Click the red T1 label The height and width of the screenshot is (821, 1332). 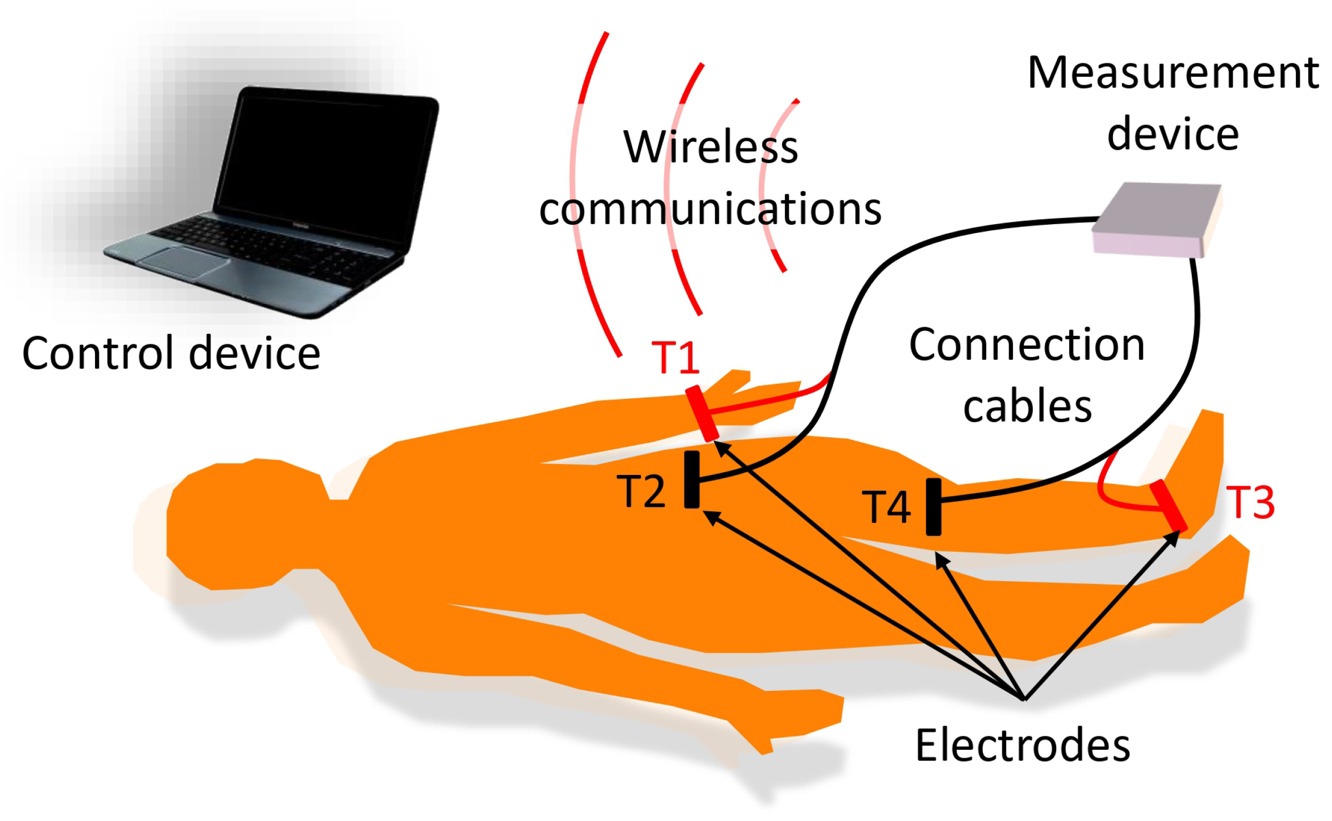pyautogui.click(x=675, y=357)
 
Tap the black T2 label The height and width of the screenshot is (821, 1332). pyautogui.click(x=640, y=492)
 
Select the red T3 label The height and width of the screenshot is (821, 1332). pyautogui.click(x=1250, y=502)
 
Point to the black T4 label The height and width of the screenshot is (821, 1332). pyautogui.click(x=886, y=507)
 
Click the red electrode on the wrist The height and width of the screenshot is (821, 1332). pyautogui.click(x=702, y=413)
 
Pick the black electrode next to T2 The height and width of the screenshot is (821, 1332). pyautogui.click(x=692, y=479)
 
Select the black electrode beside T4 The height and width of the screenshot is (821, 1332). pyautogui.click(x=933, y=507)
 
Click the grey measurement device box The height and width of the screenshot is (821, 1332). pyautogui.click(x=1156, y=220)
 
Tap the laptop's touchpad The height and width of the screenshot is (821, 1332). pyautogui.click(x=183, y=261)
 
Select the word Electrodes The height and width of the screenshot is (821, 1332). pyautogui.click(x=1022, y=746)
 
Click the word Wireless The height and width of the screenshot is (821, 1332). pyautogui.click(x=710, y=147)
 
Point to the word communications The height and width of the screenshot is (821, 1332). pyautogui.click(x=710, y=210)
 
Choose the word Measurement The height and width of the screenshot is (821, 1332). pyautogui.click(x=1173, y=73)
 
